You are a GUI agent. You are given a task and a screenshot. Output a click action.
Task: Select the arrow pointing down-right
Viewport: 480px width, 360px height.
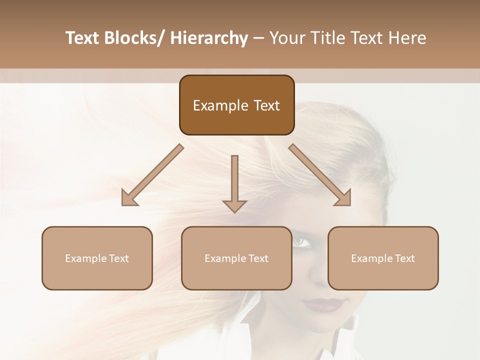pos(320,175)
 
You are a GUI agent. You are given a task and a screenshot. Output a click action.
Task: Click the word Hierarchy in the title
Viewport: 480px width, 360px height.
pos(209,38)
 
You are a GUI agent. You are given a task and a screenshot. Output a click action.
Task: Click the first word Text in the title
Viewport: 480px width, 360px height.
pos(83,38)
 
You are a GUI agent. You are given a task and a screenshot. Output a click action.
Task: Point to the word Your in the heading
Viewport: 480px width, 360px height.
pos(287,38)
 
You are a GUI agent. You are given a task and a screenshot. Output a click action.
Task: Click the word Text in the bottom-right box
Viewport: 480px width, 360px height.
pos(404,258)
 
